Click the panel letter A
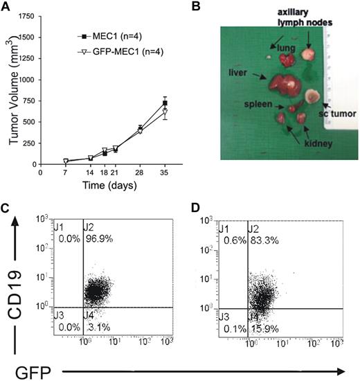click(x=6, y=6)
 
